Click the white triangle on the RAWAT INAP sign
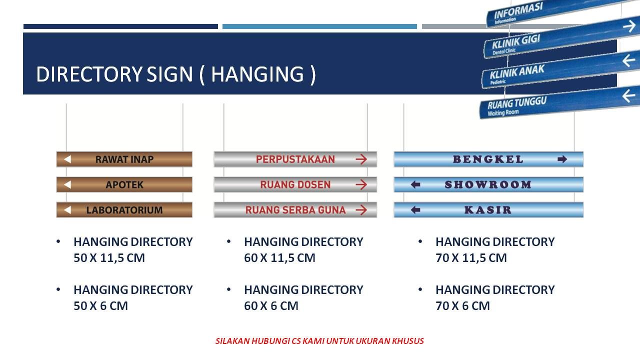67,159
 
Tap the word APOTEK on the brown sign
124,185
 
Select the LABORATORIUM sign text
124,210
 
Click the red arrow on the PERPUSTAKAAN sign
361,159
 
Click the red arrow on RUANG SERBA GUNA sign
361,210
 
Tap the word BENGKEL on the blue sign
488,159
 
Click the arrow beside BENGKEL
562,159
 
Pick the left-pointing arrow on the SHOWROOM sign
415,185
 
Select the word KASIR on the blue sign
488,210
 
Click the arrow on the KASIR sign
415,210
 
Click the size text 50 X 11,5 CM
109,258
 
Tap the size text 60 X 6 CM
271,306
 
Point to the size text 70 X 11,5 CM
471,258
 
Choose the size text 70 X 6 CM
462,306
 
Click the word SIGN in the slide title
169,74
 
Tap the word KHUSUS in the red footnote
407,341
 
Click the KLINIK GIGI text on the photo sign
516,41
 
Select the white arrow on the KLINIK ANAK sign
628,60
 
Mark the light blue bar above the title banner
319,26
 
